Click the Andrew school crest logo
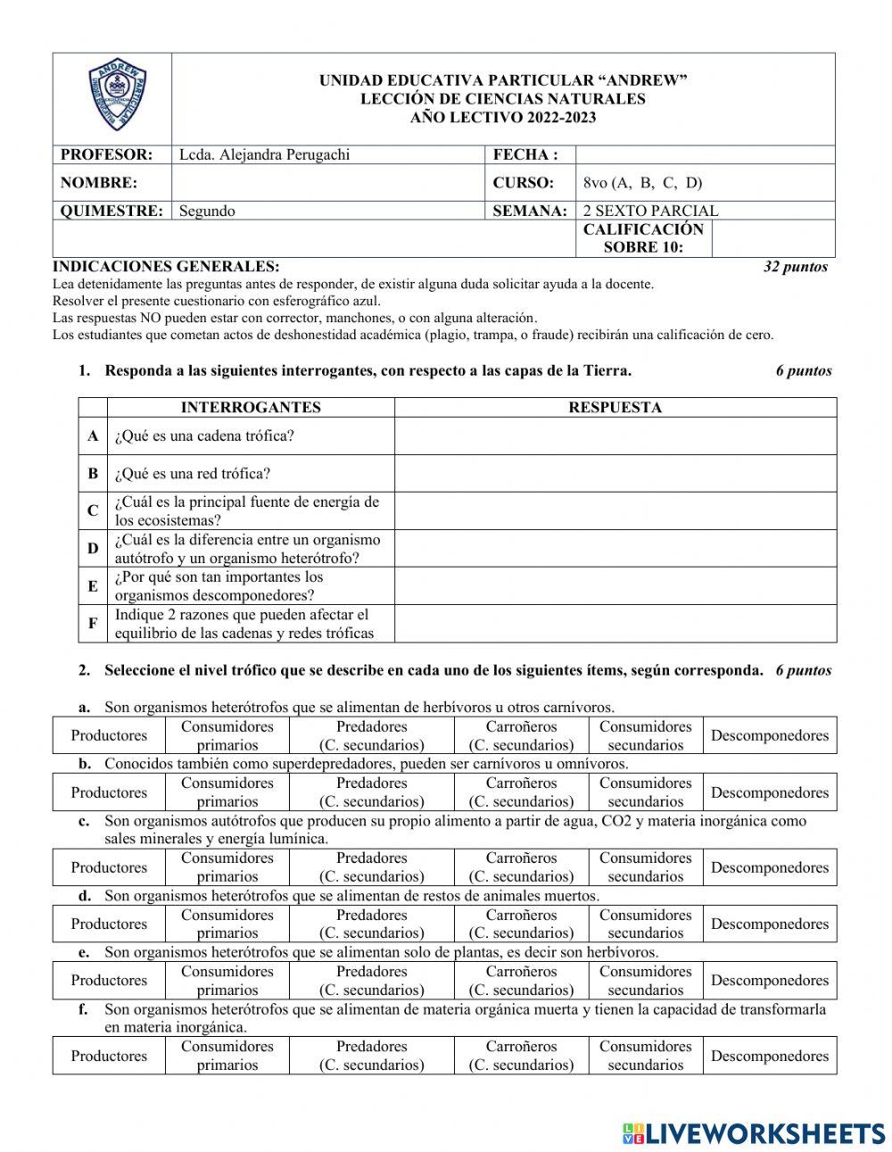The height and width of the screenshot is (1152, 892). tap(112, 98)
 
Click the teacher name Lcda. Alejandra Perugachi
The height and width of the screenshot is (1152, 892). tap(265, 155)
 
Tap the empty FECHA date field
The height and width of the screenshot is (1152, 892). tap(705, 155)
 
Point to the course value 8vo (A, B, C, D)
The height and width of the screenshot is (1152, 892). tap(642, 183)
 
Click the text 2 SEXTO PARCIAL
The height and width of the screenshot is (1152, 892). tap(650, 211)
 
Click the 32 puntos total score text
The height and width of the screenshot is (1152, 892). tap(796, 267)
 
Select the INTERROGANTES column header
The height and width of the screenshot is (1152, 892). tap(251, 408)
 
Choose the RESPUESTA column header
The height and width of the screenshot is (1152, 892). tap(615, 408)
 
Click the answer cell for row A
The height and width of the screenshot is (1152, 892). tap(615, 436)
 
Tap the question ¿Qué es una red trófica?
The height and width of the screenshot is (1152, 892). tap(193, 474)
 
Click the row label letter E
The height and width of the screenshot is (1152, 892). tap(93, 586)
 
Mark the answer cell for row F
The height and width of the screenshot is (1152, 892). tap(615, 624)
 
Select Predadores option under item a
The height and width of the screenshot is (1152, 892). tap(371, 736)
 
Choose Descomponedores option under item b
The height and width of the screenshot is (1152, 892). tap(769, 792)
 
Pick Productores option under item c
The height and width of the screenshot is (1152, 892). tap(109, 867)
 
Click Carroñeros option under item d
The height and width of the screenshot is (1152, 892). tap(521, 924)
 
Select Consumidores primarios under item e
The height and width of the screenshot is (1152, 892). tap(227, 981)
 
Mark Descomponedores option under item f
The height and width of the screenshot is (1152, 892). tap(769, 1056)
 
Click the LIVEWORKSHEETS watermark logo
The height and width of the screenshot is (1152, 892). tap(754, 1133)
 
